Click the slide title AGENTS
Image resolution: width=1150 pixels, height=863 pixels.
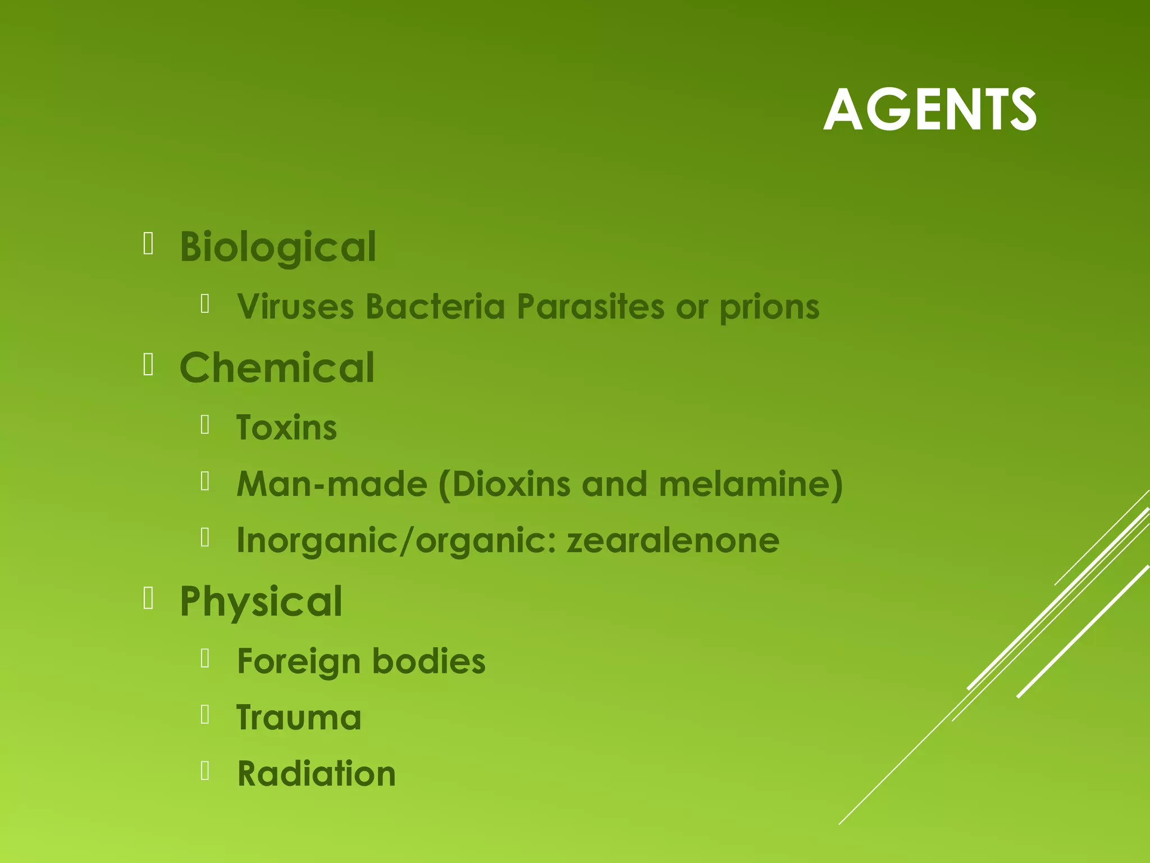[929, 110]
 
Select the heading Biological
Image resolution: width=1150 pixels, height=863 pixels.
[277, 247]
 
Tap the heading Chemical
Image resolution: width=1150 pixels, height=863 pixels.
[277, 368]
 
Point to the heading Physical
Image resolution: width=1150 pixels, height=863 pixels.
[261, 602]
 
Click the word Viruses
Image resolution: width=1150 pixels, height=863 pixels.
[295, 307]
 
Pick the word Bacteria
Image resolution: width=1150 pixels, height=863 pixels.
[435, 307]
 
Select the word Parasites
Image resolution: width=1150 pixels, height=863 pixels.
[590, 307]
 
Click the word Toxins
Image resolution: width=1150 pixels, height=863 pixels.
[286, 428]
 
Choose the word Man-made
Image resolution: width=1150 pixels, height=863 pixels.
[332, 484]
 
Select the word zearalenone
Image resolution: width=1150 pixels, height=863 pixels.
[673, 540]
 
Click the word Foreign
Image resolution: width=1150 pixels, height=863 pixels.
[298, 662]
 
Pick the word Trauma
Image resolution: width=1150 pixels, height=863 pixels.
[299, 718]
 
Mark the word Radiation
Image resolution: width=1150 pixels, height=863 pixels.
[317, 774]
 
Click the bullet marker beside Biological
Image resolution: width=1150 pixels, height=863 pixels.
[148, 244]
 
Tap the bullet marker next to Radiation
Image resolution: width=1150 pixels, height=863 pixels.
[205, 771]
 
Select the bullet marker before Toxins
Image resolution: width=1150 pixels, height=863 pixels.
[205, 425]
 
